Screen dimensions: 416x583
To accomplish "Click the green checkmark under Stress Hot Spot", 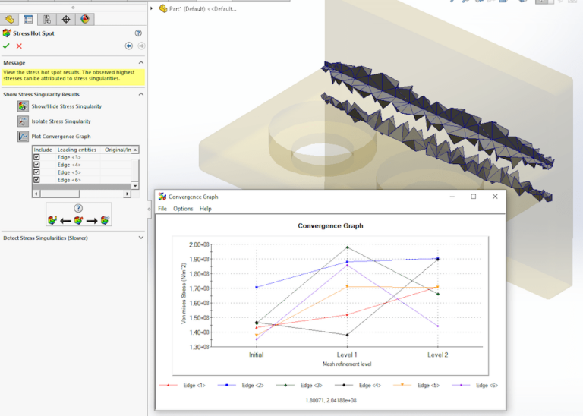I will coord(6,46).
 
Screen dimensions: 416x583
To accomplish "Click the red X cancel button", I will coord(19,46).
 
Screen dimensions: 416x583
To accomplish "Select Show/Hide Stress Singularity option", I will coord(66,106).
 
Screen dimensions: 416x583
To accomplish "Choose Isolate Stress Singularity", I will coord(61,121).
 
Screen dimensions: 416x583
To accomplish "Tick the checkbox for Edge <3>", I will coord(36,157).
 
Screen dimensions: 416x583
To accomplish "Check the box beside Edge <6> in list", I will coord(36,180).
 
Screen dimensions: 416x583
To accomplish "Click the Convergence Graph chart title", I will coord(330,225).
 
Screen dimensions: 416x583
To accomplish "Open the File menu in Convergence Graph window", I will coord(162,209).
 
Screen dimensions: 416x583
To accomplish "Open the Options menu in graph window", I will coord(183,209).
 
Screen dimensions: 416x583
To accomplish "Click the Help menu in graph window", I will coord(206,209).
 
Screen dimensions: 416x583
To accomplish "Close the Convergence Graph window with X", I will coord(495,197).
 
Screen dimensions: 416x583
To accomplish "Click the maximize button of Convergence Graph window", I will coord(473,197).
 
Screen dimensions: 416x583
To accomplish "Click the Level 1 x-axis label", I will coord(347,355).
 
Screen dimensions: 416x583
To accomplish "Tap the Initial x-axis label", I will coord(257,355).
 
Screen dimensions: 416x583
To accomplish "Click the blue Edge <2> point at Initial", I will coord(257,287).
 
